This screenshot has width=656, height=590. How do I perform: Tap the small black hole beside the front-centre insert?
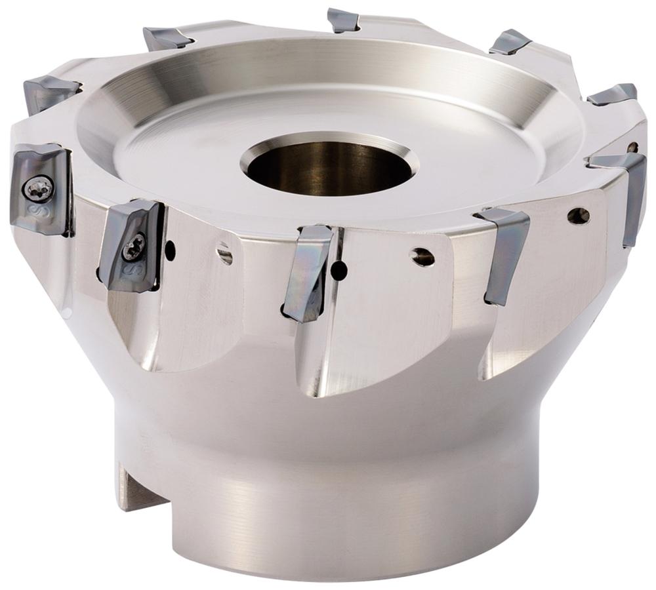point(339,268)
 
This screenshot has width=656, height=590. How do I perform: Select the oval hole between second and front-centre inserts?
point(225,254)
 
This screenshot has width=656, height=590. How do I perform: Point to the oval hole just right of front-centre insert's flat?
point(423,257)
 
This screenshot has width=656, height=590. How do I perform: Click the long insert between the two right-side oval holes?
point(505,252)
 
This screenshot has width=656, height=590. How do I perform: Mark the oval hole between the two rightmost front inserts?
point(578,216)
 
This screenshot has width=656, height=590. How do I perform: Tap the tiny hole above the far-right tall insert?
point(632,147)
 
